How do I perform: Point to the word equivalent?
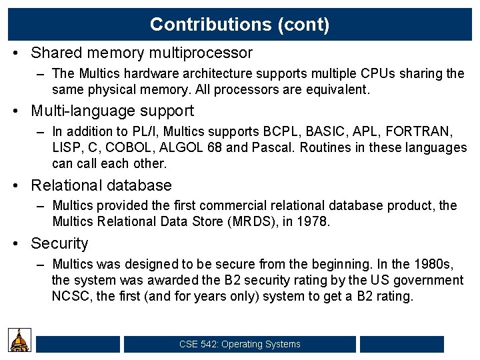[337, 88]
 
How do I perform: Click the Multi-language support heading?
[112, 111]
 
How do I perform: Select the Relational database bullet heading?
[101, 185]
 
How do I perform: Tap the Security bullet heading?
[59, 244]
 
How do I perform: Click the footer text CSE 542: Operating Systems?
[240, 344]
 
